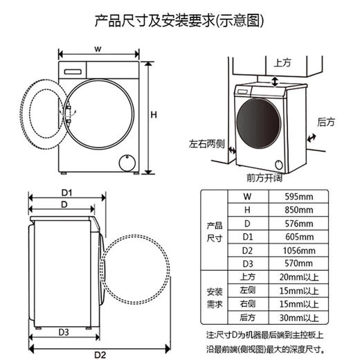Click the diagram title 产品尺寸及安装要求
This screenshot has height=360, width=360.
tap(179, 20)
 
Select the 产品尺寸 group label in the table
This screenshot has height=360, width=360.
tap(215, 231)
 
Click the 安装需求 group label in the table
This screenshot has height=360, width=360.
tap(215, 298)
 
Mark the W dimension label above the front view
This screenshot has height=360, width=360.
tap(98, 49)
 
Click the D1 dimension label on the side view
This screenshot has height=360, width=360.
tap(67, 192)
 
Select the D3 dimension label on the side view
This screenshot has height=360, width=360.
tap(64, 332)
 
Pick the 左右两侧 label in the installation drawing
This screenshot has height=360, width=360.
tap(207, 145)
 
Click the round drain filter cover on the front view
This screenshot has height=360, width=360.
tap(127, 163)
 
